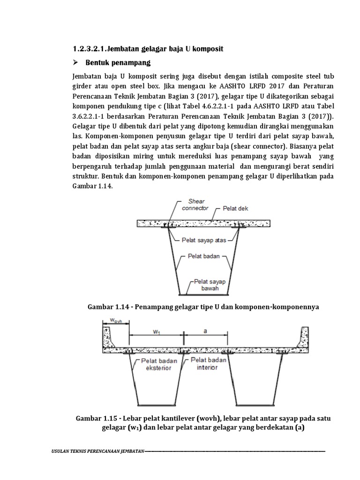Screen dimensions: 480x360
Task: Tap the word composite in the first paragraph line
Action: coord(272,76)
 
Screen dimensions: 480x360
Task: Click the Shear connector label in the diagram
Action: coord(193,205)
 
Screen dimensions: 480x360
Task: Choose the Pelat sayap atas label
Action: coord(204,240)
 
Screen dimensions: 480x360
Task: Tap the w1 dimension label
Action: coord(157,331)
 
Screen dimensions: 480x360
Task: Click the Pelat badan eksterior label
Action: coord(157,364)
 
